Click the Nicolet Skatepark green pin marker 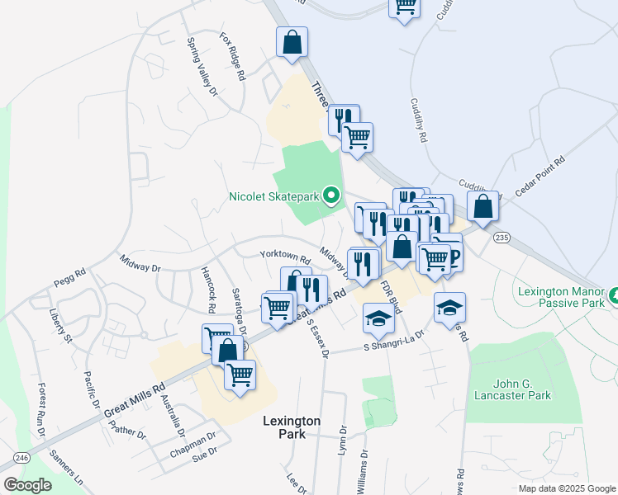[x=331, y=196]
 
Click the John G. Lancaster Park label [x=511, y=389]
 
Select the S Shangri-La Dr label [x=393, y=342]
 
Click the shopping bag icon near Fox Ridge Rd [x=292, y=42]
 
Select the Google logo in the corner [x=27, y=485]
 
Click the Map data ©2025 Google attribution [x=566, y=488]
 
